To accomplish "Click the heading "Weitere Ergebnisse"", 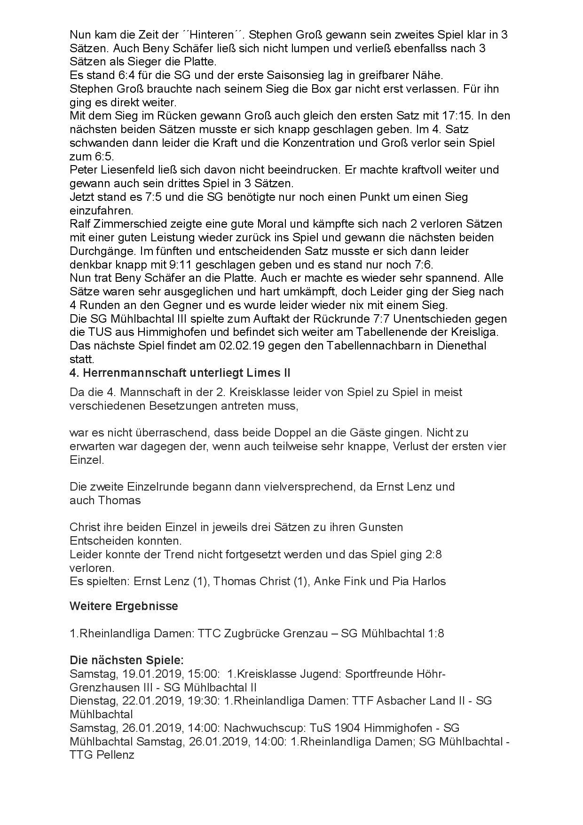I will pyautogui.click(x=124, y=606).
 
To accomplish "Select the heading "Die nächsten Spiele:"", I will pyautogui.click(x=126, y=660).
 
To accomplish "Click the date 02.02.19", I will pyautogui.click(x=240, y=346).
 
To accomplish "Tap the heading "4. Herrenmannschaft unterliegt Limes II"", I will pyautogui.click(x=180, y=373).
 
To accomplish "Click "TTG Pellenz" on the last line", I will pyautogui.click(x=102, y=755).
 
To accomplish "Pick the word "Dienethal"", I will pyautogui.click(x=454, y=346).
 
